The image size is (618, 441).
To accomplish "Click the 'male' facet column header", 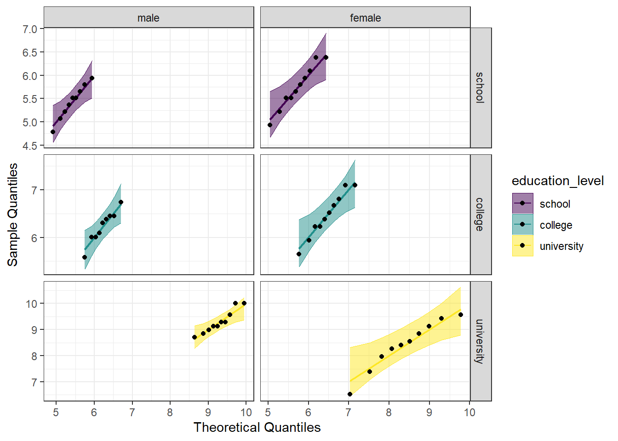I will coord(149,18).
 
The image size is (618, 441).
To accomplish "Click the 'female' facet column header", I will coord(366,18).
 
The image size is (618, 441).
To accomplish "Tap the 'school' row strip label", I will coord(480,88).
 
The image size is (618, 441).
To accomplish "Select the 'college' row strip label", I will coord(480,215).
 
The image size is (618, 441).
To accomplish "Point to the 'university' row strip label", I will coord(480,341).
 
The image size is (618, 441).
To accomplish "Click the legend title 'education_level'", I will coord(557,181).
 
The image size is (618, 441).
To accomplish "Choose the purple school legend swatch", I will coord(522,204).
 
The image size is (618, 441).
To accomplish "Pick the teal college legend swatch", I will coord(522,225).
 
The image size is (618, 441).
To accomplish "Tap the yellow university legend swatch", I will coord(522,246).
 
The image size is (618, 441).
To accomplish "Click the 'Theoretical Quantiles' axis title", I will coord(257,427).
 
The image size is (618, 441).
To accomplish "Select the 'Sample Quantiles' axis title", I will coord(12,215).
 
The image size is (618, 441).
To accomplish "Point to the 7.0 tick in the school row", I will coord(30,29).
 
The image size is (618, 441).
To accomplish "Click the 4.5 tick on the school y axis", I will coord(30,146).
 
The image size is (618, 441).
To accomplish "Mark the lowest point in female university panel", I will coord(350,394).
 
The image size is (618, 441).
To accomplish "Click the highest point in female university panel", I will coord(461,315).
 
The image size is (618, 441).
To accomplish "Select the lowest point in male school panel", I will coord(53,132).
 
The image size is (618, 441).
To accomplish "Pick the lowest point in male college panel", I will coord(85,257).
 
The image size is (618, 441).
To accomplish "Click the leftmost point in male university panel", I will coord(195,337).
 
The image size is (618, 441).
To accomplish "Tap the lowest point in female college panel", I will coord(299,254).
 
